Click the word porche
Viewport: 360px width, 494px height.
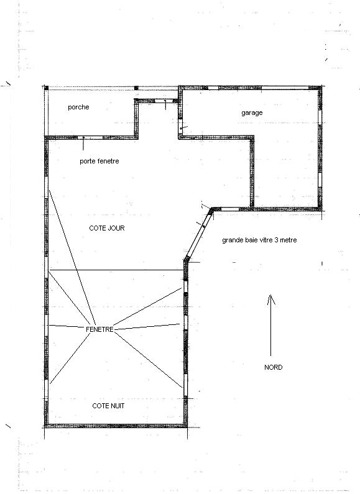[x=78, y=107]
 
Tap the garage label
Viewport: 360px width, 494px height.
[x=252, y=113]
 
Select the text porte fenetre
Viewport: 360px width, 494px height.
[x=99, y=162]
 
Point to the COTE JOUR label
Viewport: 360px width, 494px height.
[x=107, y=228]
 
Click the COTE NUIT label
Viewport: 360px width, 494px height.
[x=108, y=406]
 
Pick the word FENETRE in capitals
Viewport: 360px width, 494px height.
[x=99, y=329]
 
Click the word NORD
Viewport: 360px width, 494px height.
[x=274, y=367]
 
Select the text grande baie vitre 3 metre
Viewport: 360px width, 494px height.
[x=259, y=240]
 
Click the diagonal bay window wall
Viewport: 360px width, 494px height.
[x=198, y=234]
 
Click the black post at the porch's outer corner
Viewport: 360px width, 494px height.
[x=47, y=88]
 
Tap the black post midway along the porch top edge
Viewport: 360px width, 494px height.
[x=136, y=88]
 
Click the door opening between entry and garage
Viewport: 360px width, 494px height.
[x=180, y=124]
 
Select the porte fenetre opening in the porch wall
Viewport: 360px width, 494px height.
[x=90, y=138]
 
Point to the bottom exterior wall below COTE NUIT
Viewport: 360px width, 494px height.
[x=116, y=426]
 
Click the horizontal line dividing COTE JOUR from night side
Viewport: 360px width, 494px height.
[x=116, y=270]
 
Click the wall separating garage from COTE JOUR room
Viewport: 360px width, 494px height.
[x=252, y=172]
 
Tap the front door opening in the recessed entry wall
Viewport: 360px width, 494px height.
[x=166, y=101]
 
